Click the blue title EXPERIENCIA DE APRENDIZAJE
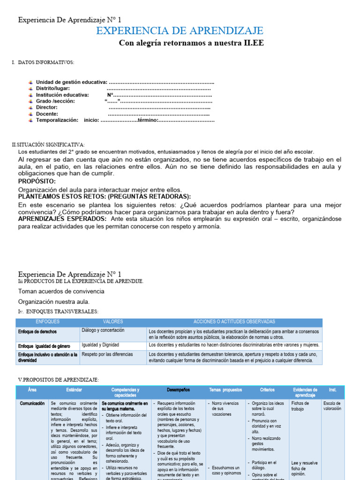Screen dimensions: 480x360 tap(180, 31)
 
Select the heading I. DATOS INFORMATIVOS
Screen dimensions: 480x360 tap(43, 62)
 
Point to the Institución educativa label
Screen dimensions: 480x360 tap(62, 95)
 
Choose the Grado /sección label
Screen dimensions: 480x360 tap(55, 101)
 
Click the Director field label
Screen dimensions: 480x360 tap(47, 107)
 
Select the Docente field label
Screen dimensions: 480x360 tap(47, 114)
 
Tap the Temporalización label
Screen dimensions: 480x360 tap(57, 120)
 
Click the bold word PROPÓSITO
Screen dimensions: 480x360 tap(37, 181)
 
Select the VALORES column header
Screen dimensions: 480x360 tap(113, 322)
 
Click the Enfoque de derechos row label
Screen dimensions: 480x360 tap(37, 331)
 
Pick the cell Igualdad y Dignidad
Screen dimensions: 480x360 tap(100, 345)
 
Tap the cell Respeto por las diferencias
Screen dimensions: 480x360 tap(107, 354)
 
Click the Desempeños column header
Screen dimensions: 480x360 tap(178, 390)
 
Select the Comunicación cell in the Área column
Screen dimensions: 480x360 tap(32, 403)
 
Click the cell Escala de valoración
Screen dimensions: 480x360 tap(332, 406)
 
